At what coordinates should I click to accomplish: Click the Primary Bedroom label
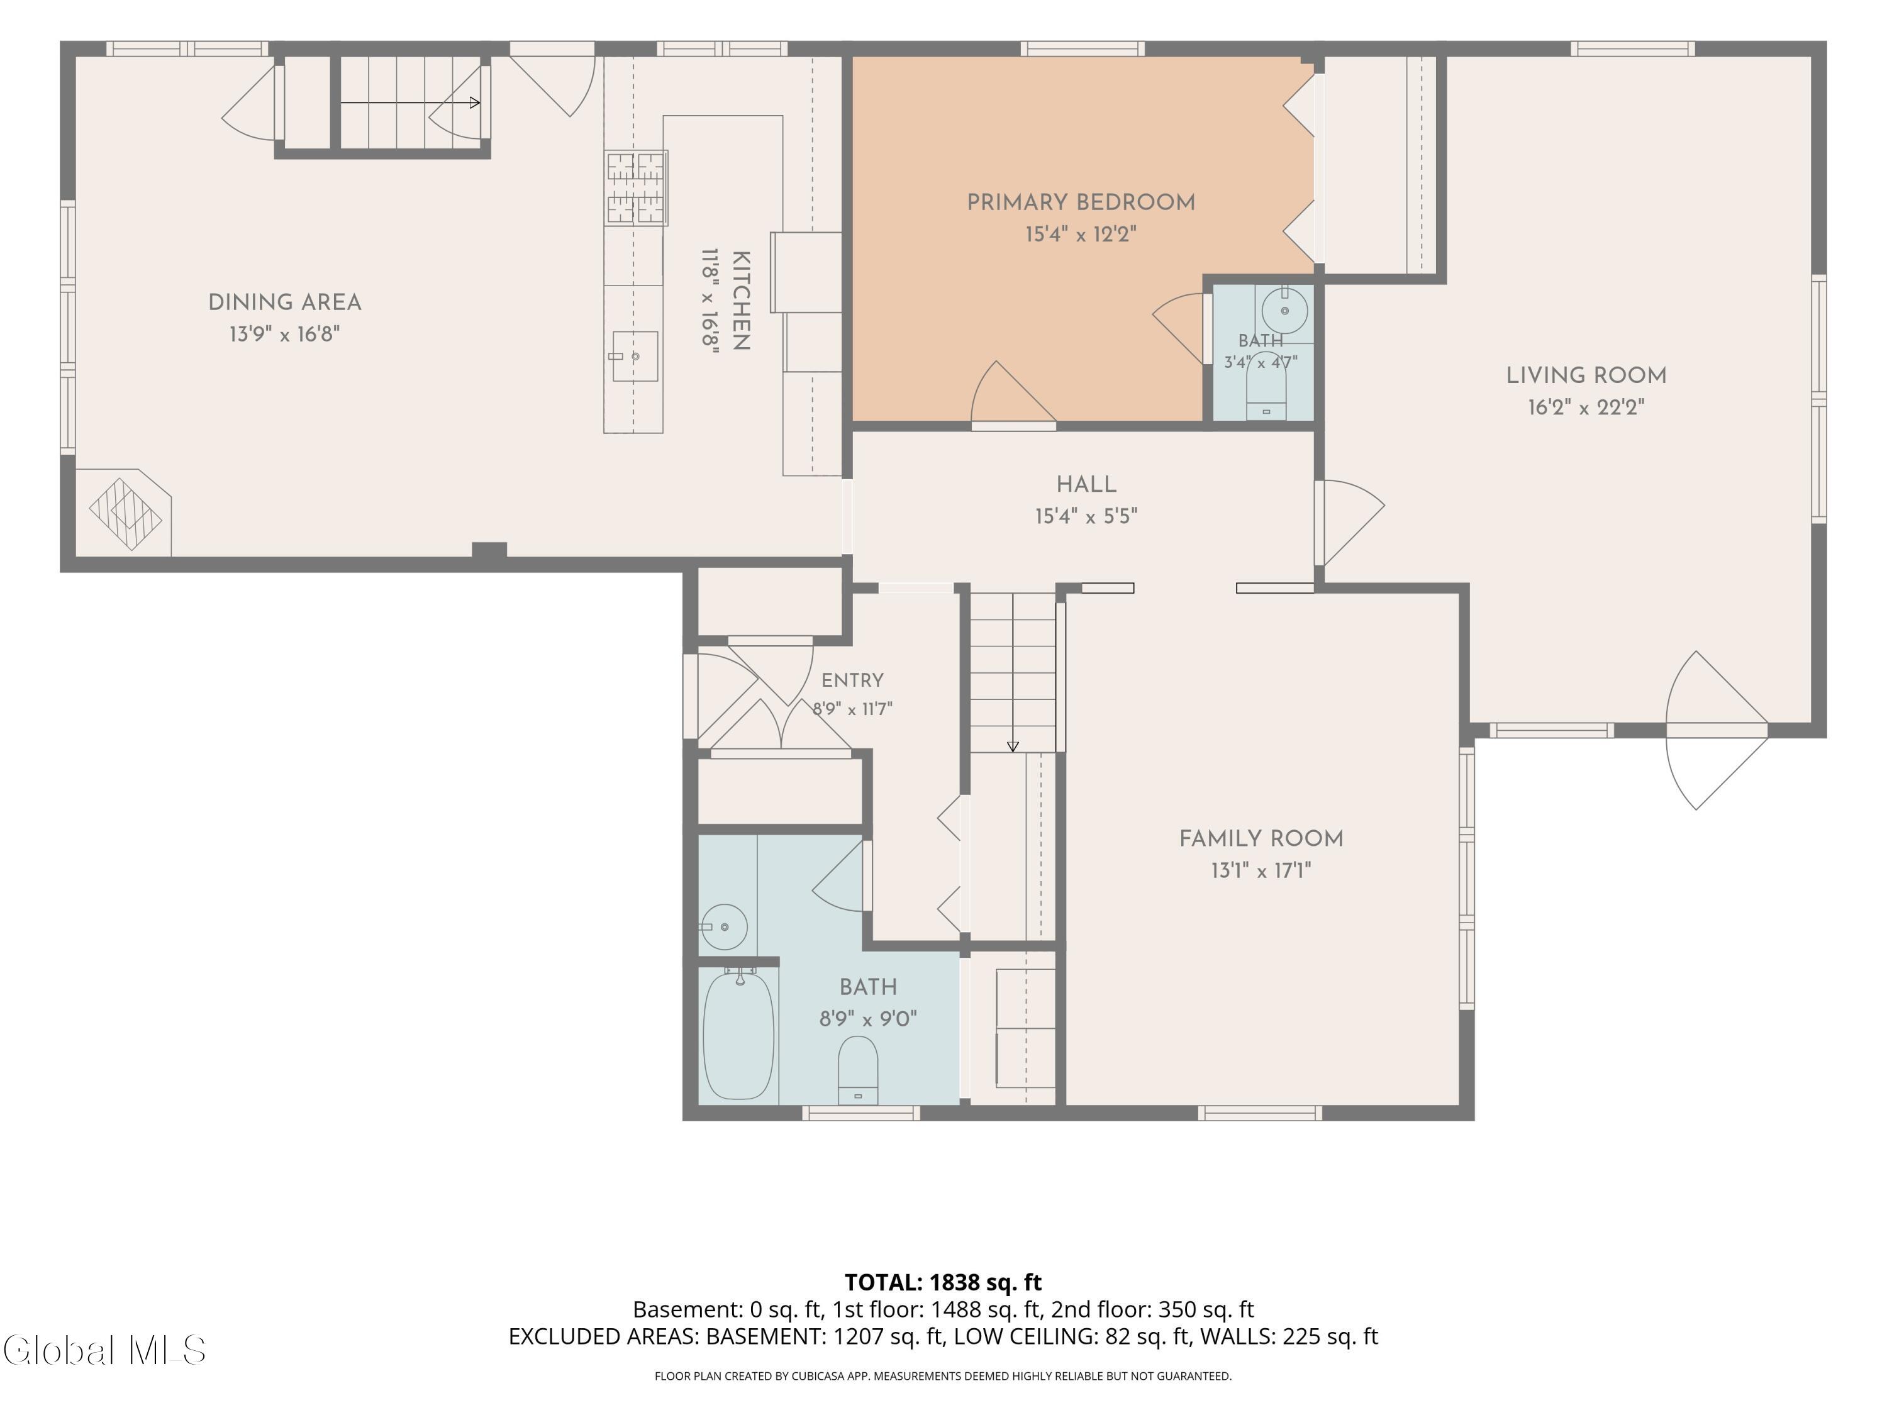[1081, 203]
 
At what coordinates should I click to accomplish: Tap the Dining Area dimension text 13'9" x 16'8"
[285, 333]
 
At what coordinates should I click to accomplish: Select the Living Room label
[1586, 375]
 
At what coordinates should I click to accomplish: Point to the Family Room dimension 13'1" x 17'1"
[1261, 870]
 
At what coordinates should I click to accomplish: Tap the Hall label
[1086, 484]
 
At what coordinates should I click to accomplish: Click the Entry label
[852, 680]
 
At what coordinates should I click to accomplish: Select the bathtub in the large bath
[739, 1035]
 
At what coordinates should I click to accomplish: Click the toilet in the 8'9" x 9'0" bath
[858, 1070]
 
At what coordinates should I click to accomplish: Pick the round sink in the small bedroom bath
[1284, 311]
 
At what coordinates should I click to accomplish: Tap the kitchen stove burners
[635, 187]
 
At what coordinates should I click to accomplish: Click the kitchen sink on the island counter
[635, 357]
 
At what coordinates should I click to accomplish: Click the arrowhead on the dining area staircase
[475, 103]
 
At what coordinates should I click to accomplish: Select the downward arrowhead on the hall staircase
[1013, 746]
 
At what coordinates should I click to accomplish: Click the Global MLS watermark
[104, 1350]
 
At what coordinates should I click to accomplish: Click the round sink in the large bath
[724, 927]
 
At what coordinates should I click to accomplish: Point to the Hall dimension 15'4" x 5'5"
[1086, 516]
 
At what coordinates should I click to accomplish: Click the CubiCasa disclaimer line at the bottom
[943, 1376]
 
